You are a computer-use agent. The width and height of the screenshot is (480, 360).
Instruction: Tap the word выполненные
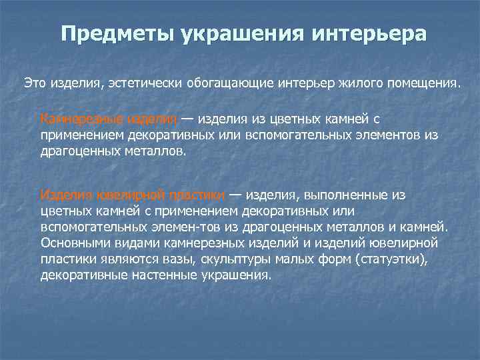[339, 195]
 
